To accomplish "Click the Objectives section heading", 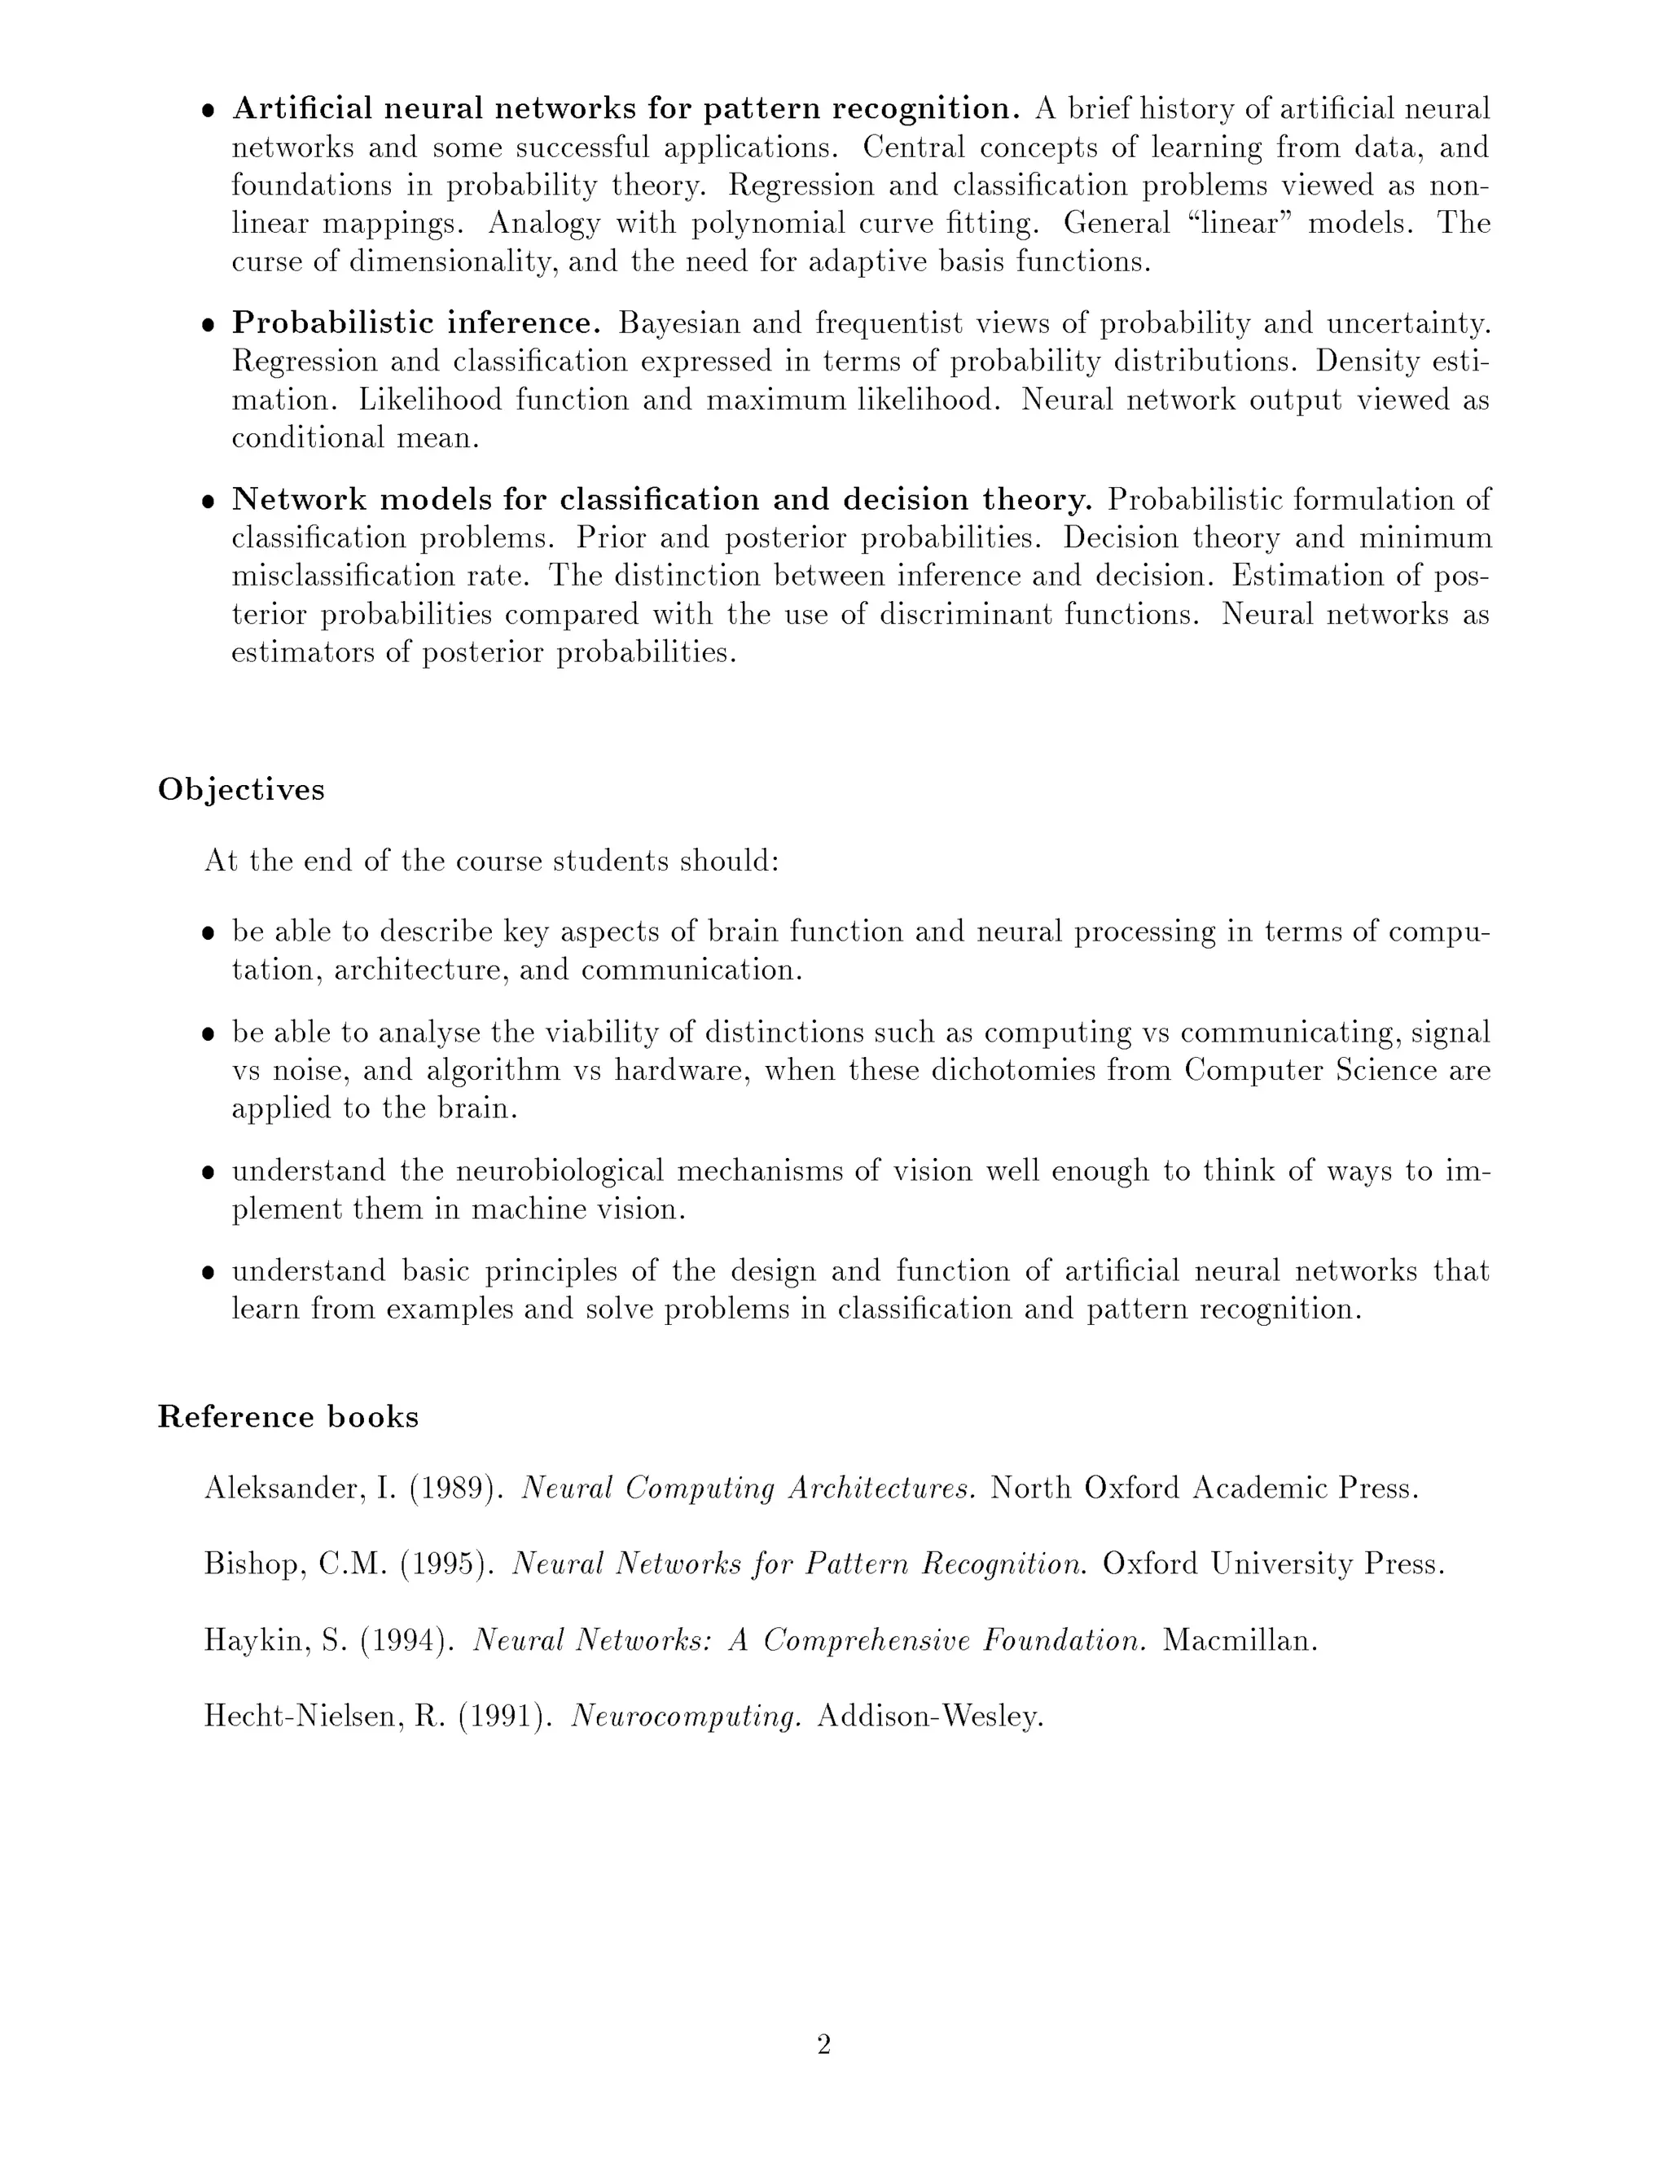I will (x=241, y=789).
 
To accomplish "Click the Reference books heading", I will (x=288, y=1417).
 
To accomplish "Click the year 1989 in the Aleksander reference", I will (x=450, y=1488).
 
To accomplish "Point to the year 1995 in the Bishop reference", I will (x=445, y=1564).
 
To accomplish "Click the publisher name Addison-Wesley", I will (x=931, y=1717).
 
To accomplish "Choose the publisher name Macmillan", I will (x=1240, y=1641).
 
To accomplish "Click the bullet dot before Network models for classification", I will (x=208, y=502).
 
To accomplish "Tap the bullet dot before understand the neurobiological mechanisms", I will (x=208, y=1173).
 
